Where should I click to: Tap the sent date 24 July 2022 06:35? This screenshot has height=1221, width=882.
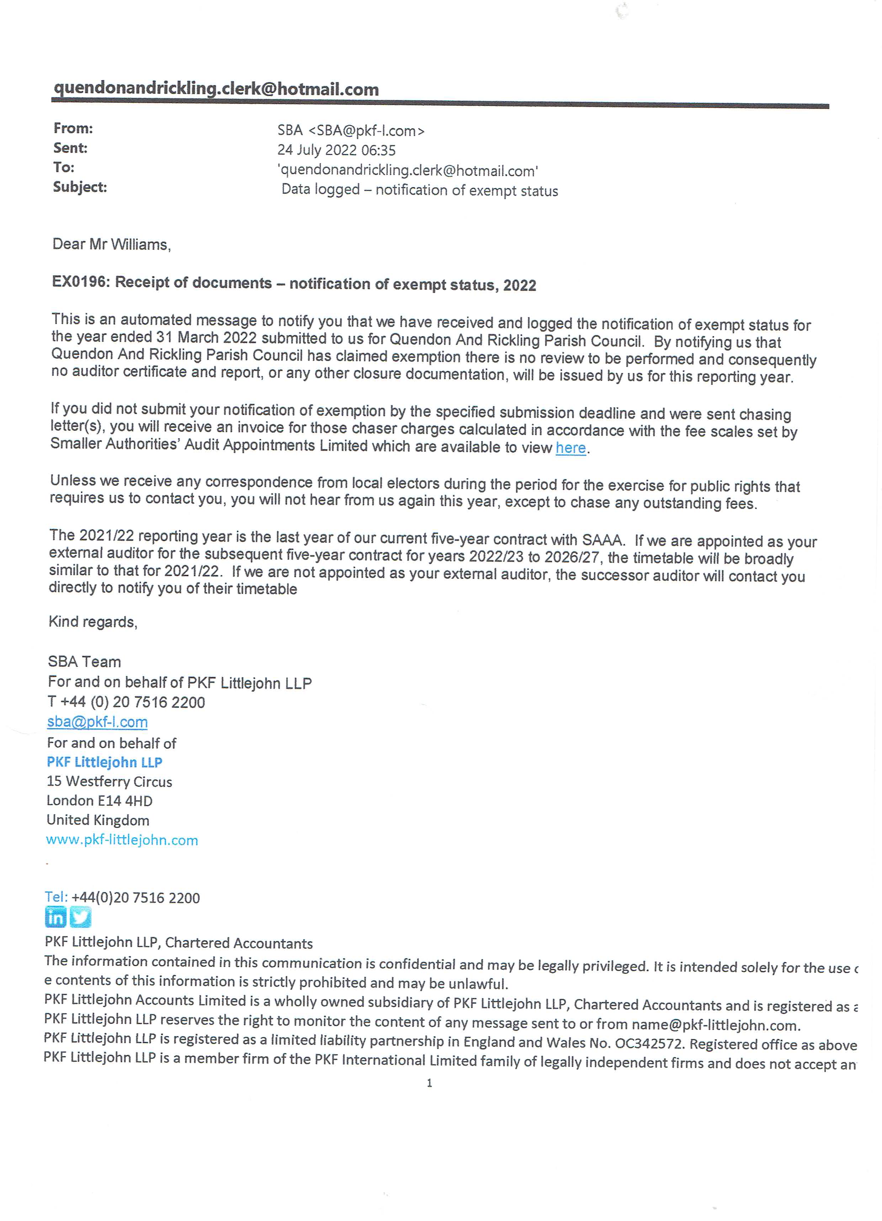pos(336,150)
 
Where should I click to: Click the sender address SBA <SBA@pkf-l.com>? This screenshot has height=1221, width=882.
pos(351,131)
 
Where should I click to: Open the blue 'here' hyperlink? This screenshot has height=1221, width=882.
pos(570,448)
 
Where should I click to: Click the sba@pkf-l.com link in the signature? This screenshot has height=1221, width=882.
pos(97,722)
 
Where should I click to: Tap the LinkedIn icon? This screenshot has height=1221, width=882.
pos(55,917)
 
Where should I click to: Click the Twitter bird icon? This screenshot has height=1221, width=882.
pos(81,917)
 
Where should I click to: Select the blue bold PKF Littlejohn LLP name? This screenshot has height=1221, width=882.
pos(105,762)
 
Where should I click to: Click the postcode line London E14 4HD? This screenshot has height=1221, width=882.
pos(100,801)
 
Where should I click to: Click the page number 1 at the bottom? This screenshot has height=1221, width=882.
pos(430,1083)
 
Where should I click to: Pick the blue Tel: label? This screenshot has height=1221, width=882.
pos(56,897)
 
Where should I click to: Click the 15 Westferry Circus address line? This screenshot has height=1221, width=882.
pos(109,782)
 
